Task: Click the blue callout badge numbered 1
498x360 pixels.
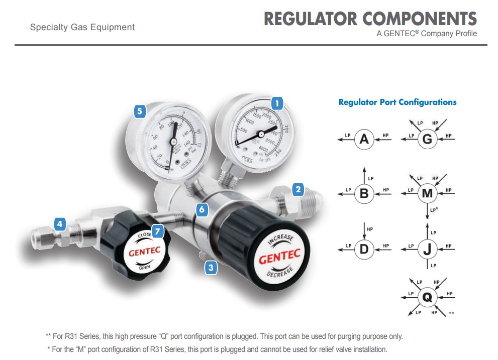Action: pos(276,103)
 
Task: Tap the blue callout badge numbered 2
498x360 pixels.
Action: pos(298,189)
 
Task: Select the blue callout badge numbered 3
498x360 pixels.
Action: pos(211,268)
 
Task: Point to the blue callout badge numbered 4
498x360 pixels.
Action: pos(60,224)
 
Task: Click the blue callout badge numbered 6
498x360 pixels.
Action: pos(202,209)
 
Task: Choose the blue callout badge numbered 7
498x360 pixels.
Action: pos(158,231)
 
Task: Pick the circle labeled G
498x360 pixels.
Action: pos(427,139)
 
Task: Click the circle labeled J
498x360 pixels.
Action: pos(427,249)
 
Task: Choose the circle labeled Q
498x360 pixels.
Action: pos(427,297)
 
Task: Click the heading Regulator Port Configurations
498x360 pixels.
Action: pos(397,102)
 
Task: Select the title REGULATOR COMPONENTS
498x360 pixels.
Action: pos(370,19)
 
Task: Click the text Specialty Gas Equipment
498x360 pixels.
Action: pos(82,27)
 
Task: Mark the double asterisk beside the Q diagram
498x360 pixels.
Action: pos(451,313)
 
